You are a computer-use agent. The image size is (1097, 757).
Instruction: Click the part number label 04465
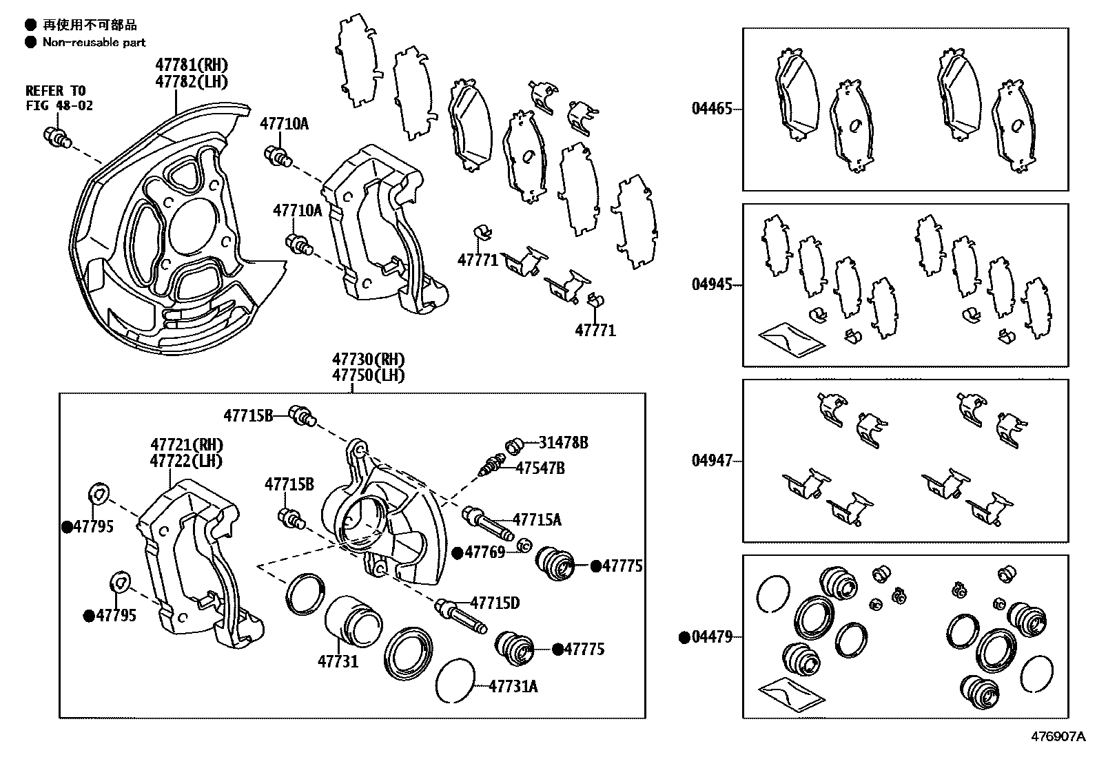[712, 109]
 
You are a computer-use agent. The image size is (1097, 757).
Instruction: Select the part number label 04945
[712, 284]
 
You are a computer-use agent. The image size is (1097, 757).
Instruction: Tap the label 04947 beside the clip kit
[712, 461]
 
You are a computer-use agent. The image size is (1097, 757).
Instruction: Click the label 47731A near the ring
[513, 686]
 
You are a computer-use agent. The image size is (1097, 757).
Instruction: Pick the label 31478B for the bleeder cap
[563, 443]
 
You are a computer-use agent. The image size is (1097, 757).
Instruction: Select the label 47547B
[540, 468]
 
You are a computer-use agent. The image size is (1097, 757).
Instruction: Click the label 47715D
[495, 603]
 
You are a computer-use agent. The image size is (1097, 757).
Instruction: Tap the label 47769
[484, 552]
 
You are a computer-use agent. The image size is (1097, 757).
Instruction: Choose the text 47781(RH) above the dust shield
[192, 65]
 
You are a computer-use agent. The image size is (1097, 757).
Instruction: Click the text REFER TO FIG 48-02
[59, 98]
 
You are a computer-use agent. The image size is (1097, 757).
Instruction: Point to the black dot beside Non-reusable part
[30, 42]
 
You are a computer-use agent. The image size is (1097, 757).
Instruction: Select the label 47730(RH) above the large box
[368, 360]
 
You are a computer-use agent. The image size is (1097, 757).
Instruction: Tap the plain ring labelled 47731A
[455, 681]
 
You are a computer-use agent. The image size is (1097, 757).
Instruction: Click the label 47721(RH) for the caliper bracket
[187, 445]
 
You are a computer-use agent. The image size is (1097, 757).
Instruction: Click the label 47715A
[536, 520]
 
